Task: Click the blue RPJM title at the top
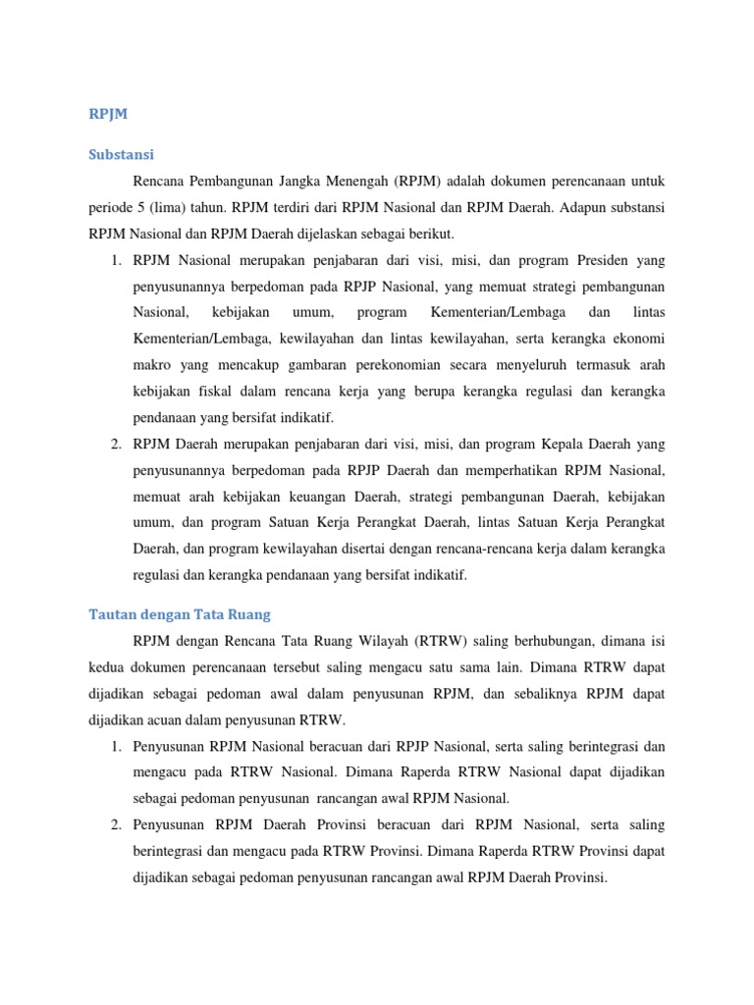click(x=108, y=114)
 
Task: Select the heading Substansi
click(x=121, y=154)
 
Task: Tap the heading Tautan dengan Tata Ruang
click(x=179, y=614)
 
